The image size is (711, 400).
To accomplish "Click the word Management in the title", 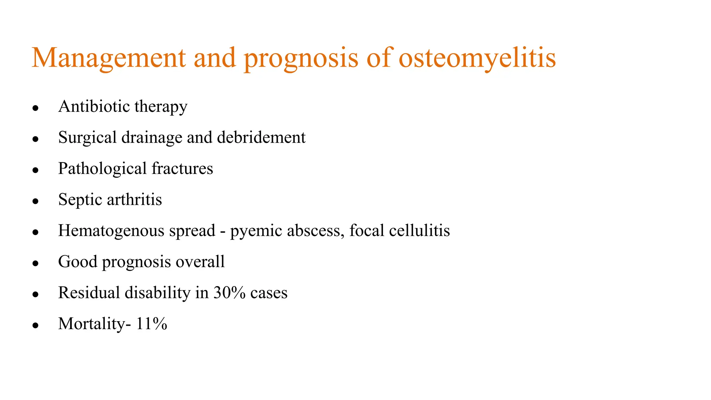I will (x=109, y=58).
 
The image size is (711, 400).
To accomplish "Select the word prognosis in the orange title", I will (x=301, y=58).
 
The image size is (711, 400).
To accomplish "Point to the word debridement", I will (x=261, y=137).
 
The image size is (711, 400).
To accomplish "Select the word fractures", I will (x=182, y=169).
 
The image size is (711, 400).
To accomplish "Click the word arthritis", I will (x=134, y=200).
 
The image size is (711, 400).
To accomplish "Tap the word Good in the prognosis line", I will (x=77, y=262).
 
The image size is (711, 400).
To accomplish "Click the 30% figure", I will (x=229, y=293).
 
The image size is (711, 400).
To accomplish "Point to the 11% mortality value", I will (x=151, y=324).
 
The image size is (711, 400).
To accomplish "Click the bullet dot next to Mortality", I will (x=35, y=326).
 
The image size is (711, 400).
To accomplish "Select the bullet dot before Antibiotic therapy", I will (x=35, y=108).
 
